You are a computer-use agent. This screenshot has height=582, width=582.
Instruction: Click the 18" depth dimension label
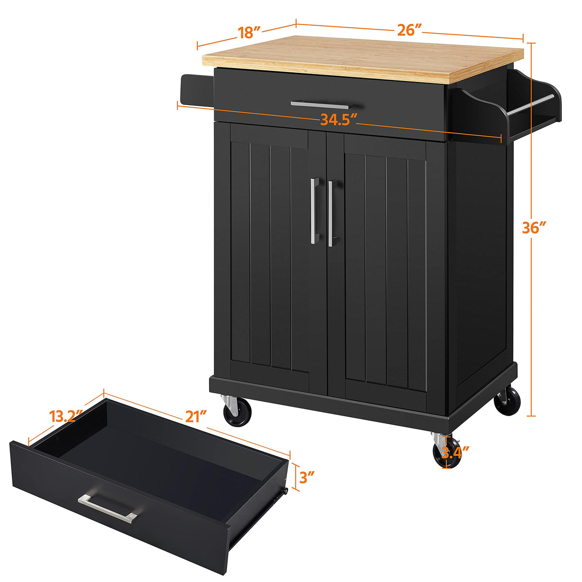point(250,32)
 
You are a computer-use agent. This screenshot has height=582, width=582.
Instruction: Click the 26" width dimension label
point(409,30)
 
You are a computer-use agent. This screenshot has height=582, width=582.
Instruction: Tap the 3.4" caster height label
point(455,452)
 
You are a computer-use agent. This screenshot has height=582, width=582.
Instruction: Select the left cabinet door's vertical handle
point(314,210)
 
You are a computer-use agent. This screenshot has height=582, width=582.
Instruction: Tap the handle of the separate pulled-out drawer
point(108,507)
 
